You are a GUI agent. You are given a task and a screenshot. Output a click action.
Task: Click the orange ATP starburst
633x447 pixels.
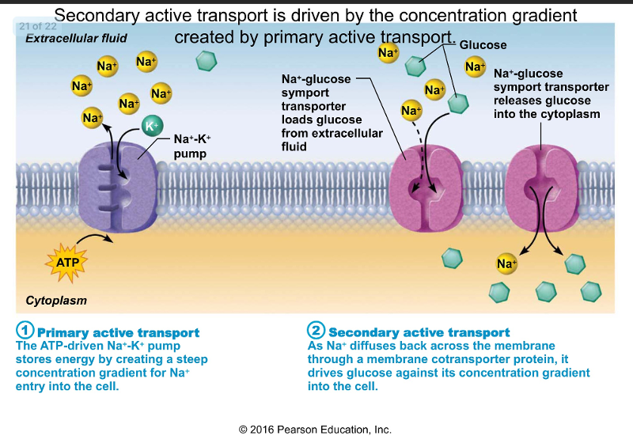click(x=66, y=260)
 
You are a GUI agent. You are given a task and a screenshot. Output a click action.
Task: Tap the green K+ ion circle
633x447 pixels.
click(x=151, y=126)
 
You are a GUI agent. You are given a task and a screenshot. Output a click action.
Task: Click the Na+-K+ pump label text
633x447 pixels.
click(x=191, y=146)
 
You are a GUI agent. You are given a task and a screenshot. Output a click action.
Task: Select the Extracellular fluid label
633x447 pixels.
click(x=76, y=38)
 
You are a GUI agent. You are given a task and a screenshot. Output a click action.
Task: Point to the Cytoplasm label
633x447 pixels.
click(x=56, y=301)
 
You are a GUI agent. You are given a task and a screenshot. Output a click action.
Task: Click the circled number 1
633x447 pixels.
click(x=25, y=331)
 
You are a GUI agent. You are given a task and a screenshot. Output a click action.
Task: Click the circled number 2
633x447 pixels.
click(x=316, y=331)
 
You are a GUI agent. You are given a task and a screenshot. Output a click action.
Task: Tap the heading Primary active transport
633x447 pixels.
click(x=119, y=333)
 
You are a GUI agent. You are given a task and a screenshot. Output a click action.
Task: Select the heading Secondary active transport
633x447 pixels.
click(x=419, y=333)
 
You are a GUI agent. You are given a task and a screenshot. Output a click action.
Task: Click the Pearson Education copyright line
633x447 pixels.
click(x=315, y=430)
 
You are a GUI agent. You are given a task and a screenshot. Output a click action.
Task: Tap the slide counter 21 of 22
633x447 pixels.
click(x=36, y=26)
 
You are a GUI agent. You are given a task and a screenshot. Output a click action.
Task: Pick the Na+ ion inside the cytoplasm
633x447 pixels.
click(x=506, y=263)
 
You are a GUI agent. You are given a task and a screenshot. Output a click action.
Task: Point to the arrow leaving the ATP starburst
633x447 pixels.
click(x=97, y=238)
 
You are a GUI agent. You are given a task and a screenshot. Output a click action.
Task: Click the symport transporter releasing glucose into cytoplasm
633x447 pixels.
click(x=542, y=190)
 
